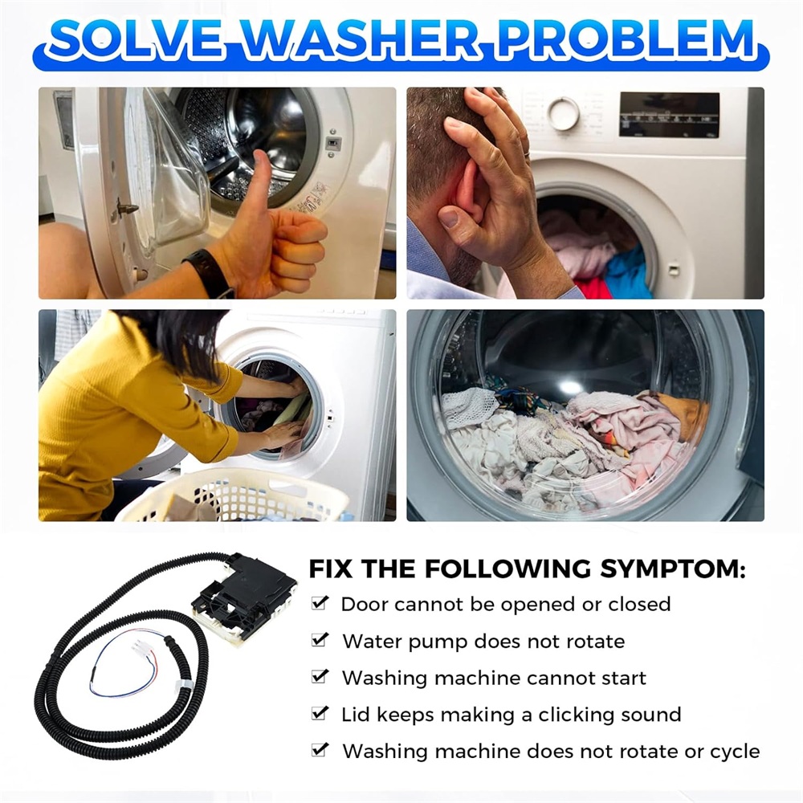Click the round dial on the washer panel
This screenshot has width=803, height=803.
tap(563, 112)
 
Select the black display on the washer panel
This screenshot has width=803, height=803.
tap(669, 115)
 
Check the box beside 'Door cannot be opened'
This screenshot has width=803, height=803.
tap(320, 603)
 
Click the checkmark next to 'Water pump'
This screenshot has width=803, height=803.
tap(320, 640)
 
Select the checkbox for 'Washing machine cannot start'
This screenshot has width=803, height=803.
tap(320, 676)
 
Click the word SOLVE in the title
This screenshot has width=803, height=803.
tap(137, 39)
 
